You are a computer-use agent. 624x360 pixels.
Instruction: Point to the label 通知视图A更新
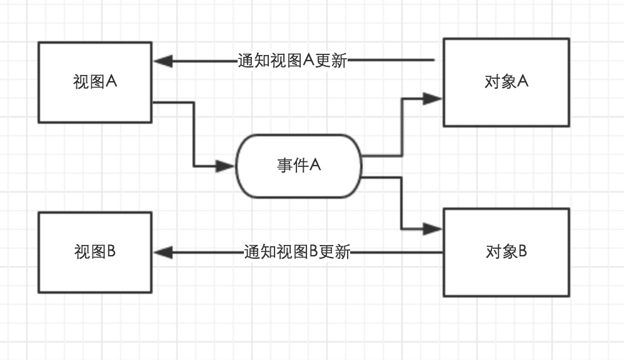tap(292, 61)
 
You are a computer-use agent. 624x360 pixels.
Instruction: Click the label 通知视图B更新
tap(297, 252)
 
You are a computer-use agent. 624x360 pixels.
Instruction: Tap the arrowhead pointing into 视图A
tap(163, 61)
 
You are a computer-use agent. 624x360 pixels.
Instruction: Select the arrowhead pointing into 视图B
tap(163, 252)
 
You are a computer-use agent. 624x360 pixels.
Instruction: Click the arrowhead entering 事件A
tap(226, 166)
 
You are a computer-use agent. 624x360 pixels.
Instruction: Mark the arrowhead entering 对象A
tap(432, 98)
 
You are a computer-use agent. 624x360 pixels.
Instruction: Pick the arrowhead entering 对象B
tap(432, 229)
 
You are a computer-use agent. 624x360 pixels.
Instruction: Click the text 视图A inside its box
tap(95, 82)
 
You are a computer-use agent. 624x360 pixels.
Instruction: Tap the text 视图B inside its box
tap(95, 252)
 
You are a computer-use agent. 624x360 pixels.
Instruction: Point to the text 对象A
tap(506, 82)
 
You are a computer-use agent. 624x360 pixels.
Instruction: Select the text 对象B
tap(506, 252)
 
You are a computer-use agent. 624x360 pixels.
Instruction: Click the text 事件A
tap(299, 166)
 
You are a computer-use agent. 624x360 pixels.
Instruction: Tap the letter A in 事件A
tap(315, 166)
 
